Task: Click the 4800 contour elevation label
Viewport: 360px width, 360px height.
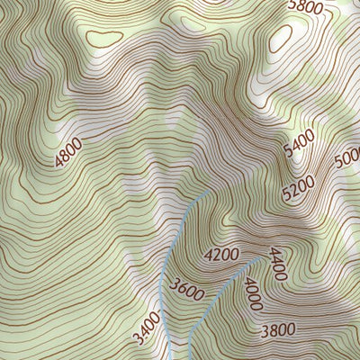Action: [x=67, y=153]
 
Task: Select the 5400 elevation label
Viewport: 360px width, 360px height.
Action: [x=299, y=144]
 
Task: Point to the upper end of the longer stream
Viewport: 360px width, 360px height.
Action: [x=210, y=191]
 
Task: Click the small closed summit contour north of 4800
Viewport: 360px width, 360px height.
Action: [x=104, y=38]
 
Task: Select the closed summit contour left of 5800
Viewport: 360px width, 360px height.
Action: [x=280, y=36]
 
